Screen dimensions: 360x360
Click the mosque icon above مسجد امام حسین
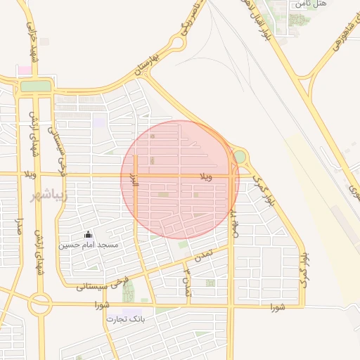(88, 234)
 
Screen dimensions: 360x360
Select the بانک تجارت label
(125, 319)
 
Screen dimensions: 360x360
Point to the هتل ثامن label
(311, 4)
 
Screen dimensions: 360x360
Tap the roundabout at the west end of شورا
(40, 304)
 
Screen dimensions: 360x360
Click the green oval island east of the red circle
(240, 156)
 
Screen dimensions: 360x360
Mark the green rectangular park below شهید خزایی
(36, 86)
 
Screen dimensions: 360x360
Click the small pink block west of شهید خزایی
(25, 70)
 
